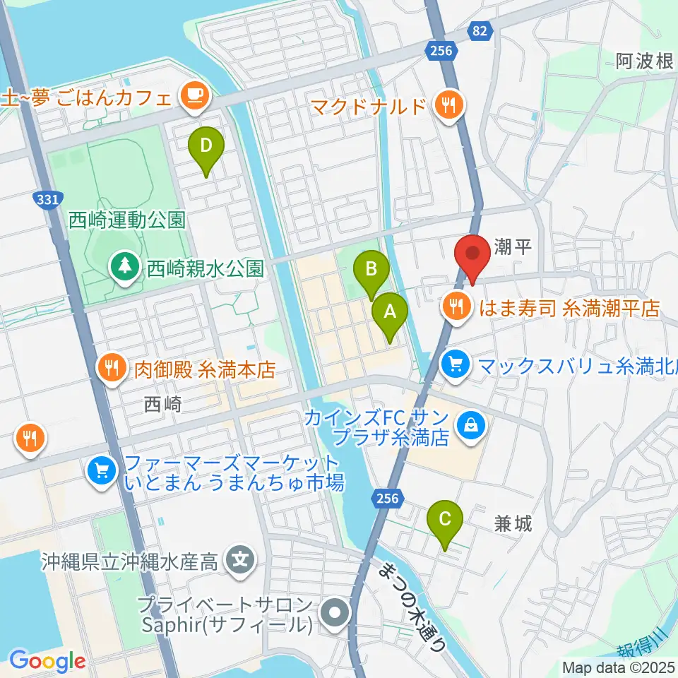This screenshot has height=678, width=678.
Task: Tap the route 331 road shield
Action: [x=47, y=200]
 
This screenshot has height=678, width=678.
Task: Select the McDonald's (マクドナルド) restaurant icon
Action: [x=448, y=106]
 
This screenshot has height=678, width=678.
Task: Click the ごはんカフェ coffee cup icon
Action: [x=194, y=95]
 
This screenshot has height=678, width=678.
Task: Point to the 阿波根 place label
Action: [x=644, y=61]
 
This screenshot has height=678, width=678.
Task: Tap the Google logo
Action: [x=48, y=662]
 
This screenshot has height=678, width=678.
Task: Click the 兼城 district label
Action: [x=513, y=524]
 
